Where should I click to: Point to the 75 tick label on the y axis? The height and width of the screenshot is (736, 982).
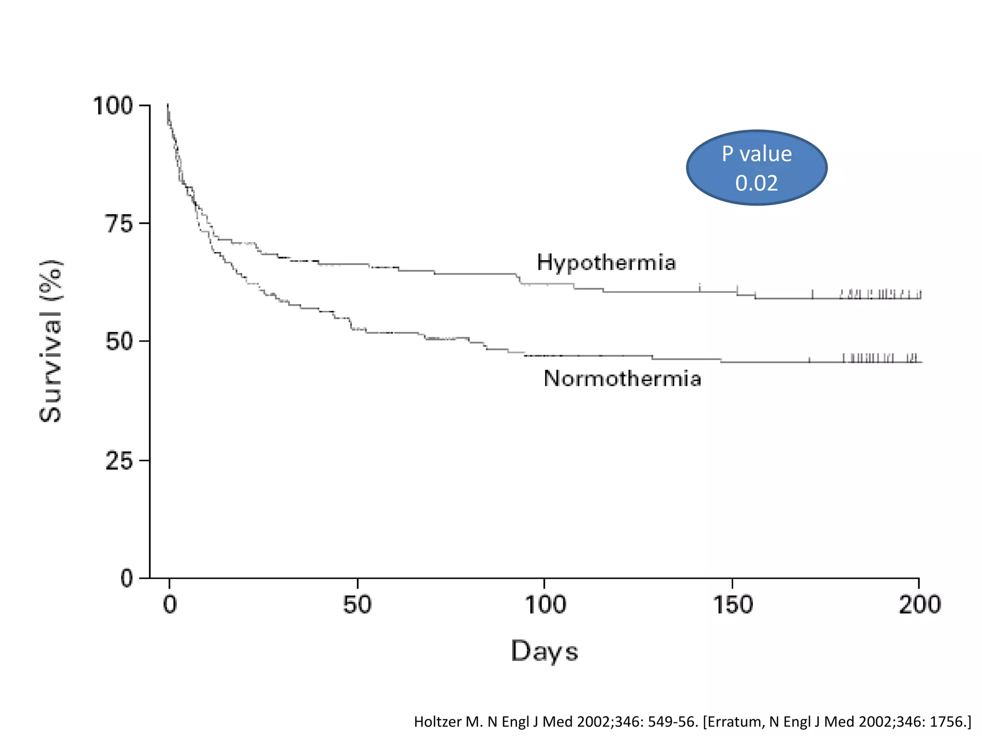tap(119, 224)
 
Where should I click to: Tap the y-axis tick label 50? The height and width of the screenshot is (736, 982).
tap(119, 342)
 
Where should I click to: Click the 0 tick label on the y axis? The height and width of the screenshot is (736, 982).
tap(127, 578)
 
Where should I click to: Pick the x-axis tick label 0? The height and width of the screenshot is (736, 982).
tap(170, 605)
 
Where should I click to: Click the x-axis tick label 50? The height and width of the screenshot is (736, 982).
tap(357, 605)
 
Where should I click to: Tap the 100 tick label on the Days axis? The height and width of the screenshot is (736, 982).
tap(545, 605)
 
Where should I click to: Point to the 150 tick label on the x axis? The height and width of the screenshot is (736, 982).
tap(732, 605)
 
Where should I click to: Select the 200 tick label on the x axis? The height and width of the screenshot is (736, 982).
tap(919, 605)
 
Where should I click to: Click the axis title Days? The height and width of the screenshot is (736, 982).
tap(545, 652)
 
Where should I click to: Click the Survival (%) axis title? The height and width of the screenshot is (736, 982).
tap(51, 341)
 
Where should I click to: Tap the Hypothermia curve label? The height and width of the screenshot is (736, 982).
tap(606, 263)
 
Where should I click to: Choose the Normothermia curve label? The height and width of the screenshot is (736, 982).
tap(622, 379)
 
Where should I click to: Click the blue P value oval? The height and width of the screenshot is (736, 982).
tap(757, 167)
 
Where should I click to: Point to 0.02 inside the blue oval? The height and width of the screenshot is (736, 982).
tap(756, 183)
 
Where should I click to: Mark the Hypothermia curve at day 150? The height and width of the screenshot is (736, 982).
tap(732, 292)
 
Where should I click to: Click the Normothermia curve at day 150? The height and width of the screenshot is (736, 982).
tap(732, 362)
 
